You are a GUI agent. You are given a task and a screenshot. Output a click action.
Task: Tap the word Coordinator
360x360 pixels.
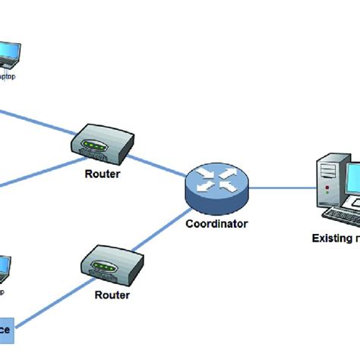point(216,223)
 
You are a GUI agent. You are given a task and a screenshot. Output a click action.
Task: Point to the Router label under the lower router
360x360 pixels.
point(112,294)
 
